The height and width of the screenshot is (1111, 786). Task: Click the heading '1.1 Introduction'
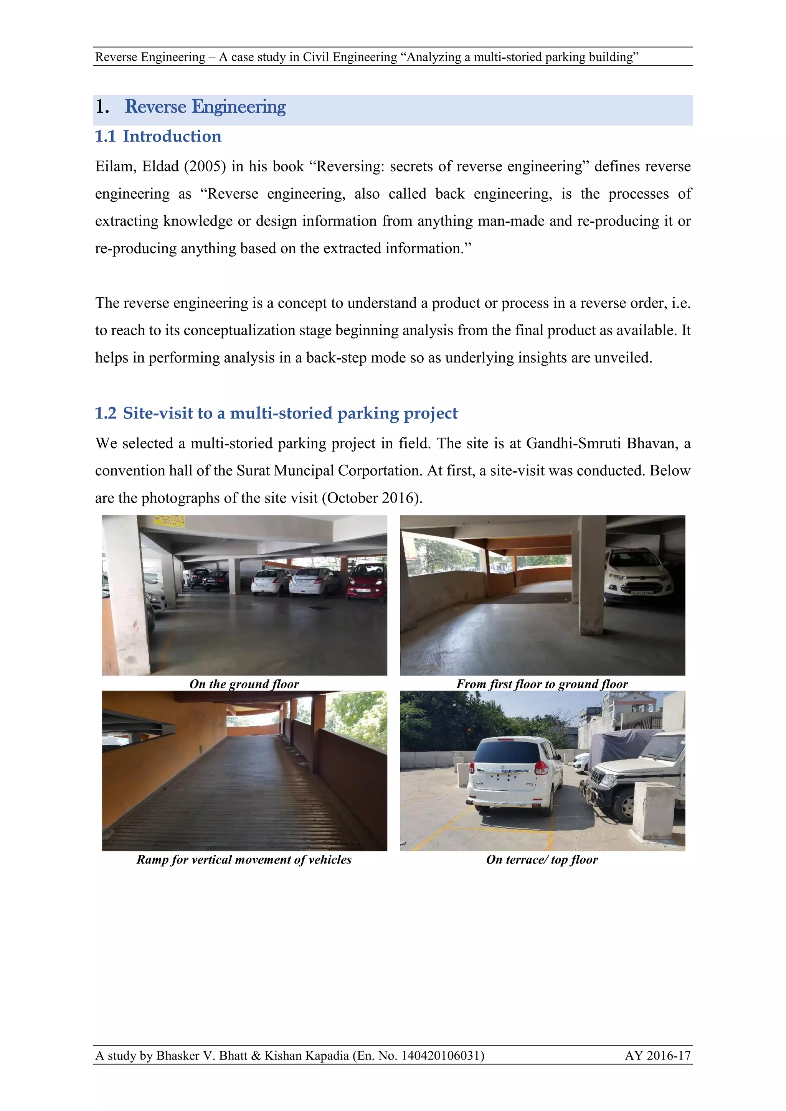click(158, 137)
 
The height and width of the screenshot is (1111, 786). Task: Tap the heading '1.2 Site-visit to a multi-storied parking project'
click(276, 413)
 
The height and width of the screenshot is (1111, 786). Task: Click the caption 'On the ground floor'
click(244, 684)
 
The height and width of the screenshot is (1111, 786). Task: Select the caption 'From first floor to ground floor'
click(542, 684)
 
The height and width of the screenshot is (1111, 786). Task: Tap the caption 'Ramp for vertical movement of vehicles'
click(244, 859)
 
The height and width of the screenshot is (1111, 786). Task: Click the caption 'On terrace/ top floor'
click(542, 859)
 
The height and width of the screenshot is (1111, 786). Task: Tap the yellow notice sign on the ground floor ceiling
click(169, 521)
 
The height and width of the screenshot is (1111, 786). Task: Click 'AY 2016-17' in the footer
click(657, 1055)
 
